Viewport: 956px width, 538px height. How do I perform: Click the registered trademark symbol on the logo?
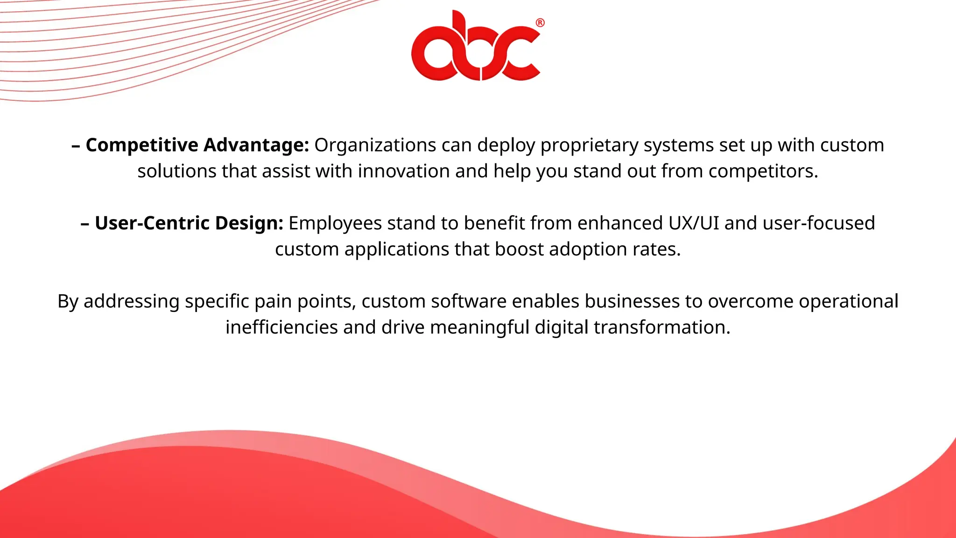(540, 23)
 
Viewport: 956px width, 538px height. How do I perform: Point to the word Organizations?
(375, 145)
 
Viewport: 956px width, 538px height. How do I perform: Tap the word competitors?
(763, 171)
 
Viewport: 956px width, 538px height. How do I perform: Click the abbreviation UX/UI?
(694, 223)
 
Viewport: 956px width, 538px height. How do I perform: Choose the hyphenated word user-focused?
(819, 223)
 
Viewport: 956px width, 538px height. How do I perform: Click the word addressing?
(131, 302)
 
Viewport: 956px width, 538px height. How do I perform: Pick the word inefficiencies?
(281, 327)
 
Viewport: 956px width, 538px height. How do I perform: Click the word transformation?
(661, 327)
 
